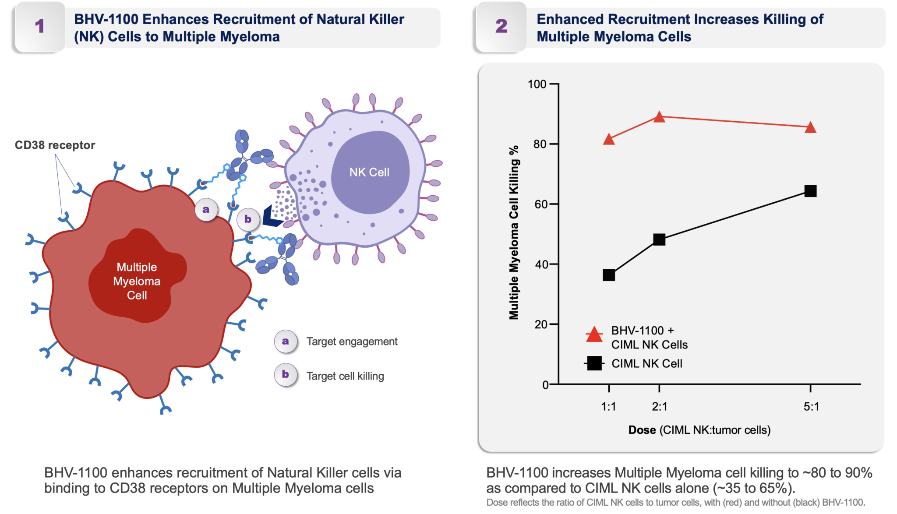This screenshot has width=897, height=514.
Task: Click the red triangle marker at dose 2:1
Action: [659, 117]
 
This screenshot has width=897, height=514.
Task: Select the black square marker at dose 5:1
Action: [810, 191]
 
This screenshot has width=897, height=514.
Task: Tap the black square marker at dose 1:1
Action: [609, 275]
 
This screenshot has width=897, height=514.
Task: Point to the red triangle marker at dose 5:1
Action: [810, 128]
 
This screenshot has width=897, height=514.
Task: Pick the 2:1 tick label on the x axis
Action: [659, 407]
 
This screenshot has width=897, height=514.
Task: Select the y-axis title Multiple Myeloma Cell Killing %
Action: [514, 232]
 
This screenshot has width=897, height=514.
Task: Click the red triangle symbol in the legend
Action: [594, 335]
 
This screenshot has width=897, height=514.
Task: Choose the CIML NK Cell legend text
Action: [646, 363]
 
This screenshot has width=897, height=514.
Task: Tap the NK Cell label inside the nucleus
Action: [369, 173]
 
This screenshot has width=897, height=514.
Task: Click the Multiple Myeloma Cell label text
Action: [137, 281]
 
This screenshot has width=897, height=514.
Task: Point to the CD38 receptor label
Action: [55, 145]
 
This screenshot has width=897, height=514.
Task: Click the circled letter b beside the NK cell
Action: [248, 219]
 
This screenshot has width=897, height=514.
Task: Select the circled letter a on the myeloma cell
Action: [206, 210]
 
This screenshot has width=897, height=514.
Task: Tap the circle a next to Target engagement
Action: [286, 341]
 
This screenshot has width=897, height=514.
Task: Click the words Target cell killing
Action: [345, 376]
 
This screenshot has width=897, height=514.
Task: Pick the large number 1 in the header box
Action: [40, 26]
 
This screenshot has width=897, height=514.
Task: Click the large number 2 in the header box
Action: [501, 26]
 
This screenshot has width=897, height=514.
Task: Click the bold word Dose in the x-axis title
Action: [642, 430]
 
